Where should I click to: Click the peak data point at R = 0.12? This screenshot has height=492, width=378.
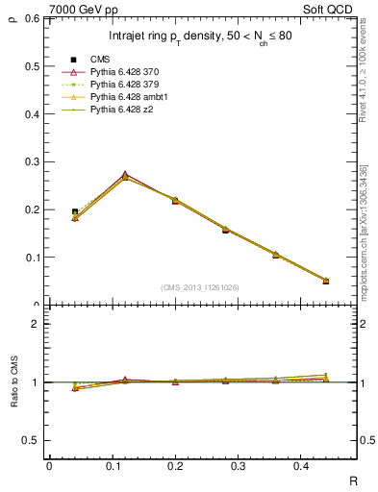click(x=125, y=176)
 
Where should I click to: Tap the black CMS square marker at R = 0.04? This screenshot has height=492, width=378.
click(x=75, y=211)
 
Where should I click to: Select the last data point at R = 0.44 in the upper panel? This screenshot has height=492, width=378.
click(x=325, y=281)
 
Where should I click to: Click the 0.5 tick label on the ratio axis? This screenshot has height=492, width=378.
click(x=31, y=440)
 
